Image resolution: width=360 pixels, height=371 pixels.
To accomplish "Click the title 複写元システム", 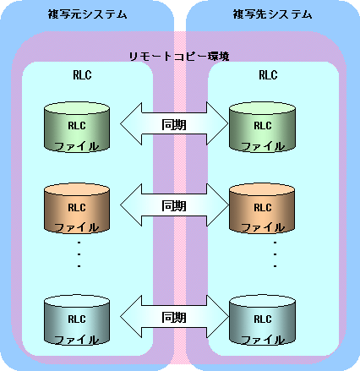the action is [87, 14].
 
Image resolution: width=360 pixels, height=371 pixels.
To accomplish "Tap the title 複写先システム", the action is [272, 14].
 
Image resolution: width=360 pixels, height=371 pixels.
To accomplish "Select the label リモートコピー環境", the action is [179, 57].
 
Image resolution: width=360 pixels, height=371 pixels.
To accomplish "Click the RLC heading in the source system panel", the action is [82, 75].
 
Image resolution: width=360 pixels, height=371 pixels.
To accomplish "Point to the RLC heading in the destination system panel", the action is [268, 75].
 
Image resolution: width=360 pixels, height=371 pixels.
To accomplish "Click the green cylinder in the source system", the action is [77, 127].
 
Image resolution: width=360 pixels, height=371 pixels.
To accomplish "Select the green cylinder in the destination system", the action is [262, 127].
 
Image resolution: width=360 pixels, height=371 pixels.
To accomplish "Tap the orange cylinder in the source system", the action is [77, 209].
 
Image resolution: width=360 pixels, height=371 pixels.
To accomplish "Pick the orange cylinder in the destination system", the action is [262, 209].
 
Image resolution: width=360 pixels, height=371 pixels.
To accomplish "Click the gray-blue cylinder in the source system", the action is [77, 320].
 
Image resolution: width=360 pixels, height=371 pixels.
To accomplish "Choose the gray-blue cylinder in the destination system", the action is [262, 320].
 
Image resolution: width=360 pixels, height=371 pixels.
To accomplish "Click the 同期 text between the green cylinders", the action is [174, 124].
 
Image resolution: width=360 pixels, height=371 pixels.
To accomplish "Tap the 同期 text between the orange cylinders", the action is [174, 206].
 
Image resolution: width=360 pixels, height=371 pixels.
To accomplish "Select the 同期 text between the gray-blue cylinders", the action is [174, 318].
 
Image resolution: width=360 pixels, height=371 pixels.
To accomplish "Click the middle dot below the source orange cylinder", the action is [79, 254].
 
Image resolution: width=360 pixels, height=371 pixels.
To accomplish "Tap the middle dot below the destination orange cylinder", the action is [275, 254].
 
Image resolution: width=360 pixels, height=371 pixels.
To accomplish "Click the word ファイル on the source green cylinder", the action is [77, 146].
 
